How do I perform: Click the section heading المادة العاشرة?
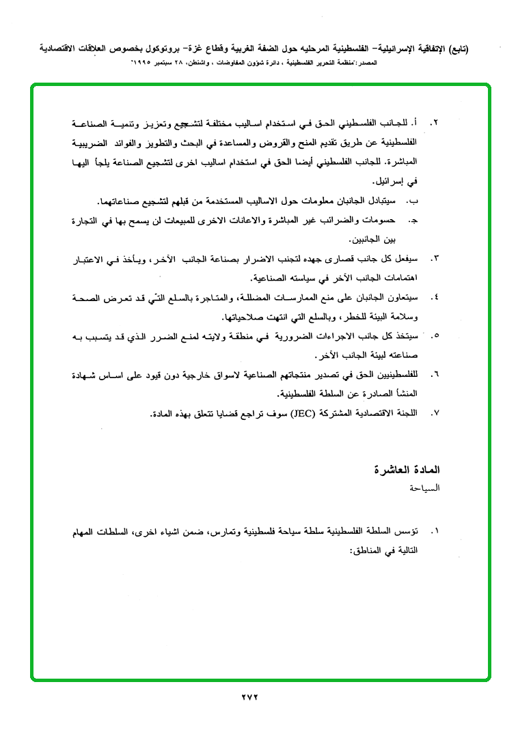(409, 470)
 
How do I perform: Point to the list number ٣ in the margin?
(435, 260)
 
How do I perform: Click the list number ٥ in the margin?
(435, 337)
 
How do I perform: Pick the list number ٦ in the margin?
(435, 375)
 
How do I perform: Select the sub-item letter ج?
(412, 221)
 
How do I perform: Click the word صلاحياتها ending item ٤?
(245, 317)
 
